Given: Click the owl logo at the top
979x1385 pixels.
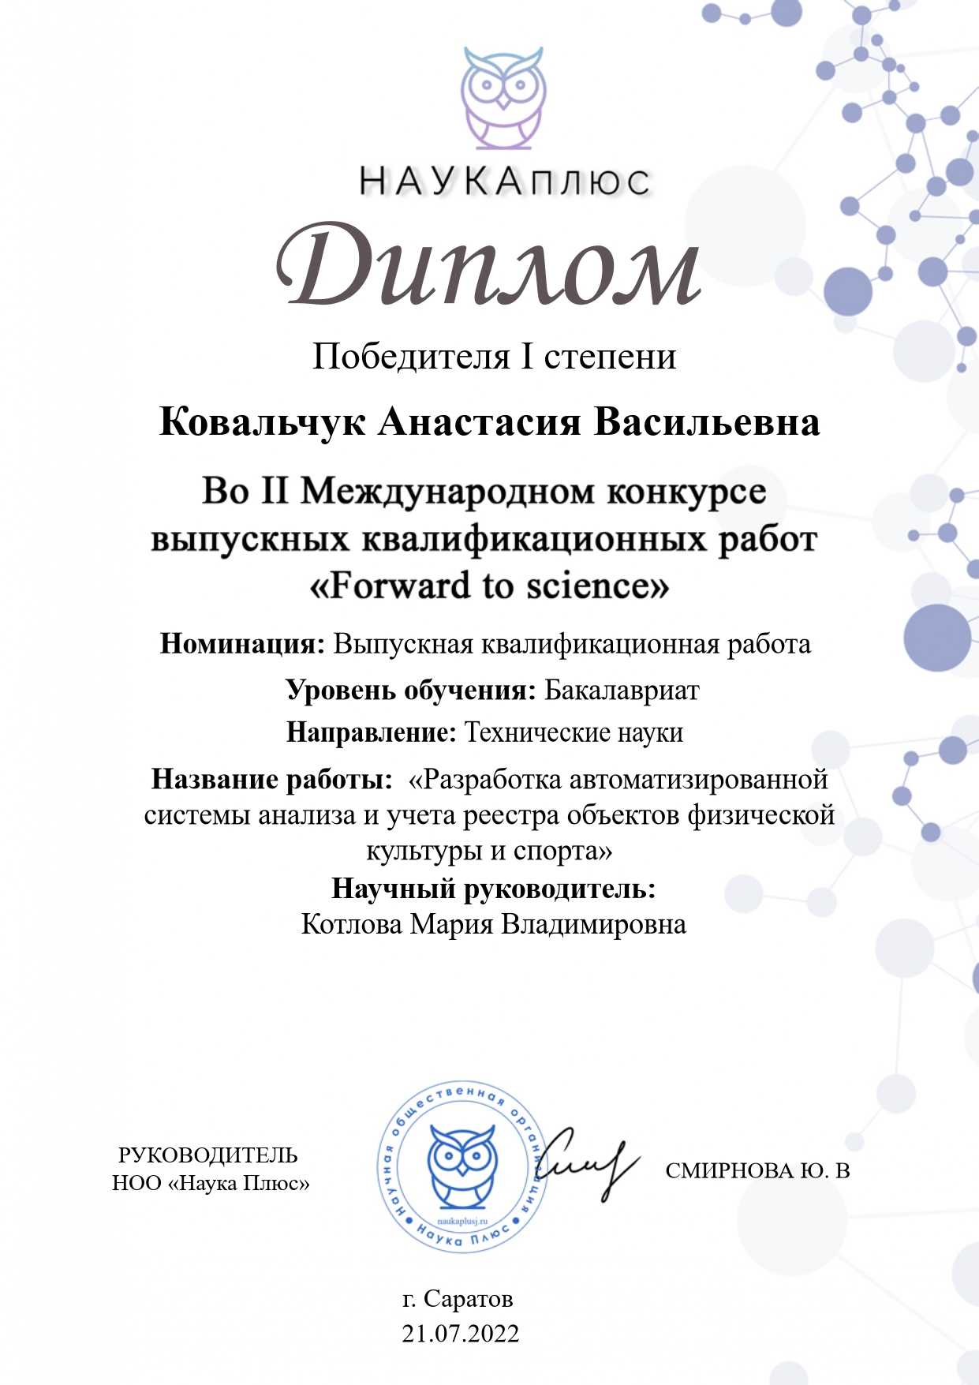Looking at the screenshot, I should pos(503,98).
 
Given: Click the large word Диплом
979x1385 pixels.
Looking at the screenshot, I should pos(488,266).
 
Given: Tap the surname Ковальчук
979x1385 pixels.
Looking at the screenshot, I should pos(262,422).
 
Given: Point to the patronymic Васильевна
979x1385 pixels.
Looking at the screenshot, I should pos(706,422).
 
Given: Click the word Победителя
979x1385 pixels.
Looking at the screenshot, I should pos(411,357).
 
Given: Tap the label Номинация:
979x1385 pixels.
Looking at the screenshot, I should pos(242,644).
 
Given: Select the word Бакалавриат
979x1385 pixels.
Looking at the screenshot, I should pos(622,691).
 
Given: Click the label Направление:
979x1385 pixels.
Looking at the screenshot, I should pos(371,732).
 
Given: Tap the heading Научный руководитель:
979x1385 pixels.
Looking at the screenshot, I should pos(493,889).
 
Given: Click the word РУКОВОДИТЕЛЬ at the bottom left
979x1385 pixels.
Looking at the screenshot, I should pos(208,1155).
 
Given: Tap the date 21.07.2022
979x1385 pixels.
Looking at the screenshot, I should pos(460,1334).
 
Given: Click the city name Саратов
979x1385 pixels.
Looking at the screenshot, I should pos(468,1298).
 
